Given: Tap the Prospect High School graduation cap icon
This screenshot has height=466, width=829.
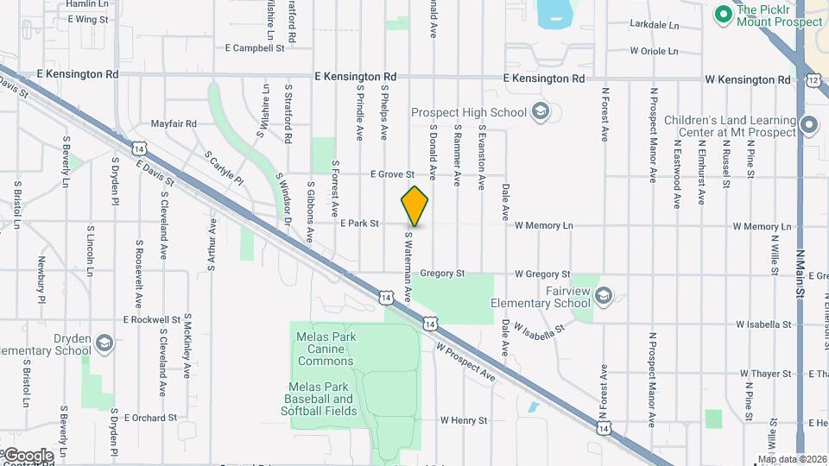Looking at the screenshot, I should coord(541,111).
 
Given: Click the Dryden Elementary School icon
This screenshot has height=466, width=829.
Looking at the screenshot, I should coord(104,343).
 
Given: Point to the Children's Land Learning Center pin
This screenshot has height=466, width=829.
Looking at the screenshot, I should coord(809,126).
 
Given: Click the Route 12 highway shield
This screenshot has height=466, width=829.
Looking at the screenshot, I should coord(813,79).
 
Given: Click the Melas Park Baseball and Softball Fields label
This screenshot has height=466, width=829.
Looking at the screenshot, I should coord(319,405).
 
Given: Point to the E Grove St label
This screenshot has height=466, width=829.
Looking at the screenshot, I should coord(393,174).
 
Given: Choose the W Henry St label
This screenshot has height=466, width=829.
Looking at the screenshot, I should coord(464,421).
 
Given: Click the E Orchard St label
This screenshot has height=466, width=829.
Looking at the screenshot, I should coord(150,418).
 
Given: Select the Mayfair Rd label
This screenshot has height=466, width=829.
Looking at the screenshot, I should coord(174,124).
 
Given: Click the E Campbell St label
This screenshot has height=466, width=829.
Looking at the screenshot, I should coord(255,48).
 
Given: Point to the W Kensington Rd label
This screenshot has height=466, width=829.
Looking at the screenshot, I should coord(747,79).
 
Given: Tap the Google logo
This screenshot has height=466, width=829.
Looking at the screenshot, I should coord(28,455).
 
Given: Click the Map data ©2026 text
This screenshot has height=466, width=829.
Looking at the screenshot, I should coord(791,459).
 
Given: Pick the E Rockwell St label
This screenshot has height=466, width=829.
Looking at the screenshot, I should coord(151,319).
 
